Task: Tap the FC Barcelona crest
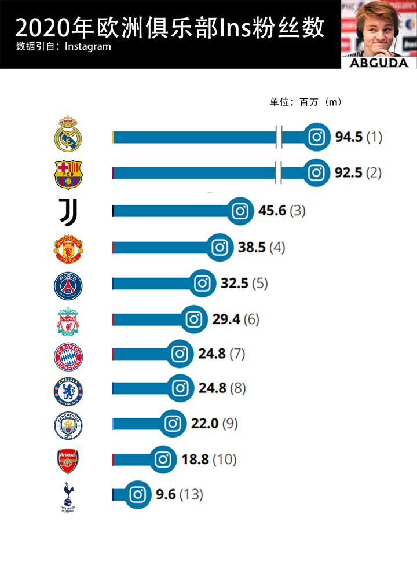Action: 68,174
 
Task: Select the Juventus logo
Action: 68,211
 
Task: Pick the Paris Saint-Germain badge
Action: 68,285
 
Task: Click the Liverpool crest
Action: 68,321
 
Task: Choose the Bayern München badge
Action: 68,356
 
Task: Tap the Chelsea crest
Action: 68,391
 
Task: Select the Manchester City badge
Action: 68,426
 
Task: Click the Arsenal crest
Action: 68,461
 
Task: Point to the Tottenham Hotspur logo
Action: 68,497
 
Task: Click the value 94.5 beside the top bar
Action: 349,137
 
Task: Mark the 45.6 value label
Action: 272,211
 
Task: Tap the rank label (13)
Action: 191,495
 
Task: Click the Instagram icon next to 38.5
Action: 220,248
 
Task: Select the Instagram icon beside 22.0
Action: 173,424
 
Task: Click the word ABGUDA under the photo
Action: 379,63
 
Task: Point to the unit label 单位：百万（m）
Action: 305,102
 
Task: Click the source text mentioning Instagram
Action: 64,46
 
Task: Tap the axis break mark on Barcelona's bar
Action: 279,172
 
